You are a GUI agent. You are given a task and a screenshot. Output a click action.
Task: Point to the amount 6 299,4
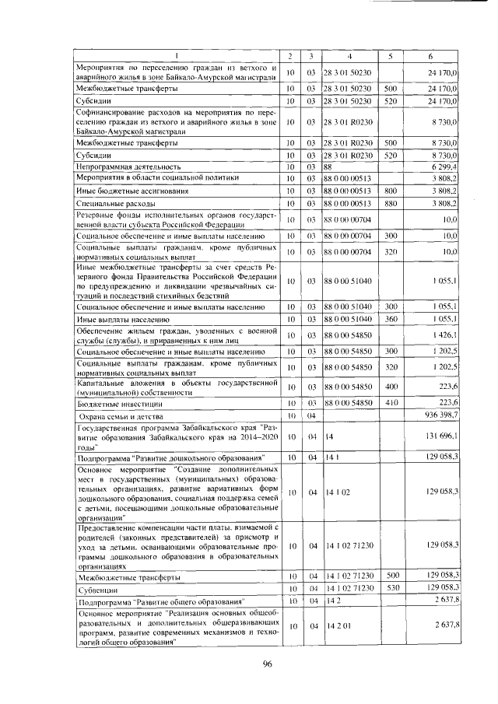[x=441, y=166]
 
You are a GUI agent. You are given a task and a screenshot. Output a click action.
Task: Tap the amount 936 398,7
[x=437, y=416]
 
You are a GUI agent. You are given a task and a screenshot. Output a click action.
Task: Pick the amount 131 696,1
[x=437, y=436]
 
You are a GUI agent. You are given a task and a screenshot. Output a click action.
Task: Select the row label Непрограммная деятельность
[x=128, y=166]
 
